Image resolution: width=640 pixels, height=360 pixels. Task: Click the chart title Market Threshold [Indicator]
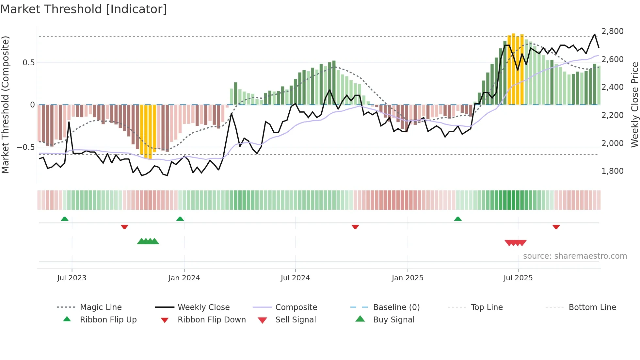click(x=84, y=9)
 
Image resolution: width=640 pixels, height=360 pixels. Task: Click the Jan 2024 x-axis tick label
click(x=184, y=278)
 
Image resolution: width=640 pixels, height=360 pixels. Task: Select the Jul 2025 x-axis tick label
click(x=518, y=278)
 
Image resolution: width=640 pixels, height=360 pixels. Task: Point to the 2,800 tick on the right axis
click(x=612, y=31)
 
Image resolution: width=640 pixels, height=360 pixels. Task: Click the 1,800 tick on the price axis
click(x=612, y=171)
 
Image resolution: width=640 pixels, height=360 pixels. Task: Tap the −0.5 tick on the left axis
click(x=25, y=147)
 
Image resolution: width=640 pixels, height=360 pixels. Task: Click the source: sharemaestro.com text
click(x=575, y=256)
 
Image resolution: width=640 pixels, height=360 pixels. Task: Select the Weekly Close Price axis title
click(x=634, y=105)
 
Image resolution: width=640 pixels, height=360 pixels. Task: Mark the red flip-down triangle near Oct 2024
click(x=355, y=227)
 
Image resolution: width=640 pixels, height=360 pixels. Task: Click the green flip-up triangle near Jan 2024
click(x=180, y=219)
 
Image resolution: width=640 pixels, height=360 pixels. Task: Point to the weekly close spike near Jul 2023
click(x=69, y=123)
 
